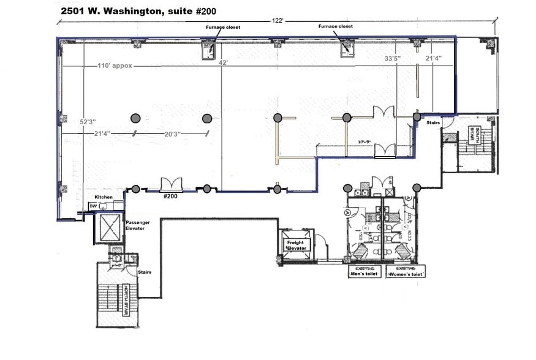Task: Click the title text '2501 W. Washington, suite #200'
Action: pyautogui.click(x=138, y=11)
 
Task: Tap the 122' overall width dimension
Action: pyautogui.click(x=277, y=21)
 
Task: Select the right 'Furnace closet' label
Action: pyautogui.click(x=334, y=27)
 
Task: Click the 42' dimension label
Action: pyautogui.click(x=224, y=62)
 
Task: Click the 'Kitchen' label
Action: pyautogui.click(x=103, y=197)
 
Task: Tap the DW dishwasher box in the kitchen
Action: pyautogui.click(x=93, y=206)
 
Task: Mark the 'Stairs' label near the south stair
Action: pyautogui.click(x=434, y=122)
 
